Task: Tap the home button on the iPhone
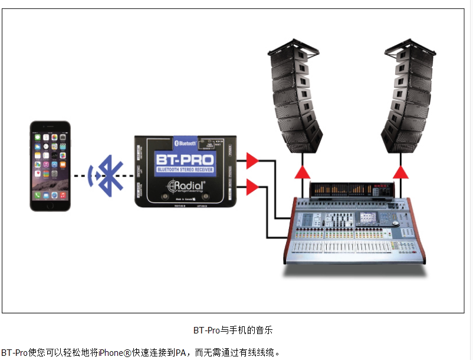pos(50,204)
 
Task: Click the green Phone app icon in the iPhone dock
pos(37,194)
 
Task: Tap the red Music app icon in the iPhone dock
pos(63,194)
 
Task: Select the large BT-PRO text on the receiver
pos(185,160)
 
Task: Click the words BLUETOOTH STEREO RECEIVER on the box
pos(185,171)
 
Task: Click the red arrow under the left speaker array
pos(303,172)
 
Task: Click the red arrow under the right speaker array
pos(401,172)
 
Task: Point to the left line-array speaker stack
pos(297,97)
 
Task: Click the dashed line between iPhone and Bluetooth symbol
pos(80,175)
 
